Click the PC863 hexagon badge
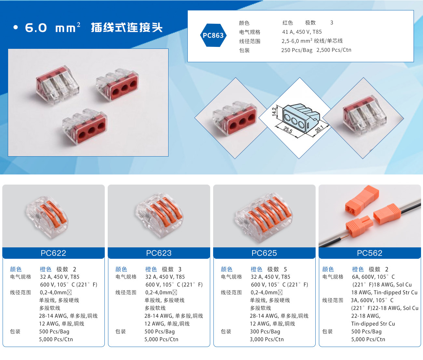tap(213, 35)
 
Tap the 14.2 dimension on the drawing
tap(274, 112)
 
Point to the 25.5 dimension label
tap(288, 130)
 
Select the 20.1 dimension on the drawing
tap(319, 129)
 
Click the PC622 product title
tap(53, 253)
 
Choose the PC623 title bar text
tap(159, 253)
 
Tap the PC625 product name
tap(264, 253)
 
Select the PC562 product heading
tap(370, 253)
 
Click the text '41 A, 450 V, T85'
tap(302, 32)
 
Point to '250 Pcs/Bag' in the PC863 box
tap(297, 50)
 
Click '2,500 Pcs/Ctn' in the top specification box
tap(334, 50)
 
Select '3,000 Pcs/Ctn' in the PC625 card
tap(266, 339)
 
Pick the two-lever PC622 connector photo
tap(47, 217)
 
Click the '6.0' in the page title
tap(36, 28)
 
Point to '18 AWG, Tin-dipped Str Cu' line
tap(384, 292)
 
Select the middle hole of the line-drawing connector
tap(294, 121)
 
